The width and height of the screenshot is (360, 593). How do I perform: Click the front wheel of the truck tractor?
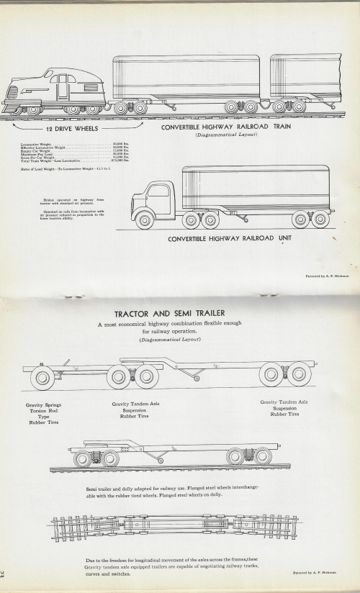point(145,220)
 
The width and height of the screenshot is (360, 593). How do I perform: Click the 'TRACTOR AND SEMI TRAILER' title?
point(171,314)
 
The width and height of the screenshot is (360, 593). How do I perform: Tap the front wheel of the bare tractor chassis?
point(42,376)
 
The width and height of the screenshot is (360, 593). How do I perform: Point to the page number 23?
point(6,576)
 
